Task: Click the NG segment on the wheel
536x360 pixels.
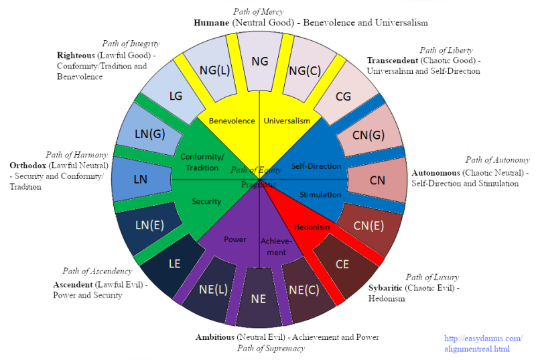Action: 260,61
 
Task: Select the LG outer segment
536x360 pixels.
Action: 176,96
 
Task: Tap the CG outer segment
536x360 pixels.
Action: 343,96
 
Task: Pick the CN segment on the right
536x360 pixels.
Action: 377,180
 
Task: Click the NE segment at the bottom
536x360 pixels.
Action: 259,298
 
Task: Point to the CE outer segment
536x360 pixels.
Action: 342,264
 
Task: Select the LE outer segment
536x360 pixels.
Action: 175,263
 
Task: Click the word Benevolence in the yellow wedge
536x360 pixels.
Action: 232,121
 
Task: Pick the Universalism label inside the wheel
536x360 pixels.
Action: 287,121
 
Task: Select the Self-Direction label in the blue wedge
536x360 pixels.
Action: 317,166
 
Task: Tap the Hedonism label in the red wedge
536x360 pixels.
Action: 312,227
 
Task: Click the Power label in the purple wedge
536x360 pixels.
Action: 235,239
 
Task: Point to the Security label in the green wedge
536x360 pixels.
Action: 206,201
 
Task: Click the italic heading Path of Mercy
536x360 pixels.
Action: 258,11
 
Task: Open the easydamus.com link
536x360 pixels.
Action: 483,343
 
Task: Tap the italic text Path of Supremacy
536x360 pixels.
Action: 271,348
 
